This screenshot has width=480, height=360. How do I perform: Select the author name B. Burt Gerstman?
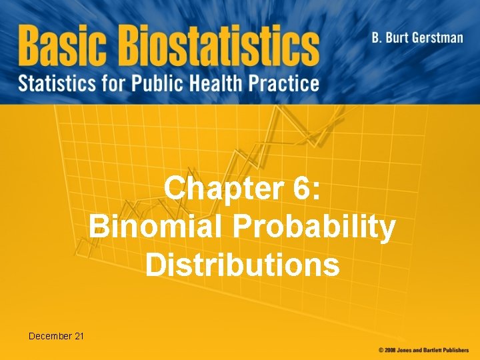click(x=417, y=37)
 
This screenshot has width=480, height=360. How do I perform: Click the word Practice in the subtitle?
click(x=287, y=84)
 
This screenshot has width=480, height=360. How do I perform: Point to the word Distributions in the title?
click(x=242, y=264)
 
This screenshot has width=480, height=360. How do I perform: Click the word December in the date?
click(x=50, y=336)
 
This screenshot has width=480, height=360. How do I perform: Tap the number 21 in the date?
click(x=79, y=336)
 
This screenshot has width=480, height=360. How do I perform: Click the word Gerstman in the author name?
click(x=436, y=37)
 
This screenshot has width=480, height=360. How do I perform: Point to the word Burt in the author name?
click(x=397, y=37)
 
